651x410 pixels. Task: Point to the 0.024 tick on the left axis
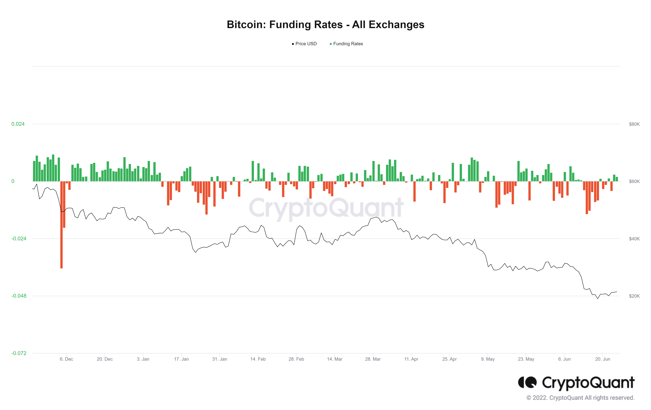point(18,124)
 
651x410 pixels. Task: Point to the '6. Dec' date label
point(66,359)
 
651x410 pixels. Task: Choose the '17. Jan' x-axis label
point(181,359)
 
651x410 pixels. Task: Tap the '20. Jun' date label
point(602,359)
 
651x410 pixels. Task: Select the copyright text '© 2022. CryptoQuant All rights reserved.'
point(580,398)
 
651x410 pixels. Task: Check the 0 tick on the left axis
point(13,181)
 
